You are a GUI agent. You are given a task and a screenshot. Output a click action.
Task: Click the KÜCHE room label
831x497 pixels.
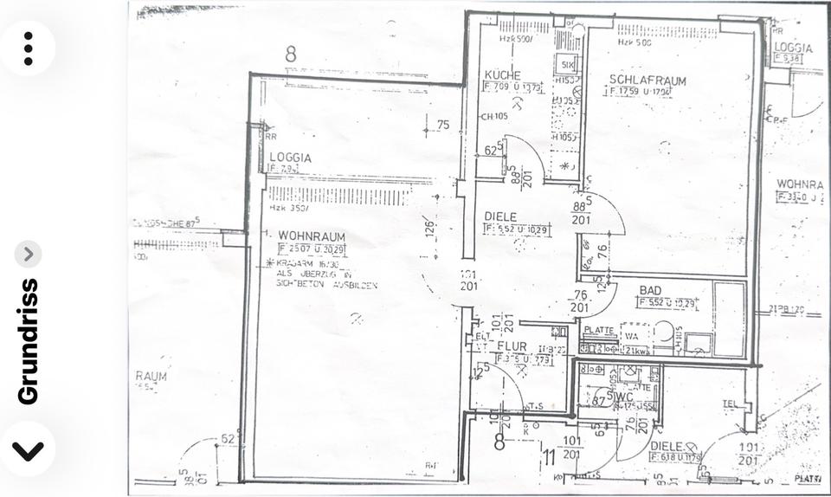502,75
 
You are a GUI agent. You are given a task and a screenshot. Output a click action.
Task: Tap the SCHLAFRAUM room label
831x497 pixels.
647,81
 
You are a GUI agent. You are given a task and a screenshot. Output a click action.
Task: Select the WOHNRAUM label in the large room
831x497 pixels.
312,236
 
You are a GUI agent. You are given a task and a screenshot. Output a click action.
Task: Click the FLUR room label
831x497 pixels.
512,345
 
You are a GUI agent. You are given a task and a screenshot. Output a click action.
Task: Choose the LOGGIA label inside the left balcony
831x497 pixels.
290,158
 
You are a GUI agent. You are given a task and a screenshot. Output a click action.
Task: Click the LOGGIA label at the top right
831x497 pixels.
792,48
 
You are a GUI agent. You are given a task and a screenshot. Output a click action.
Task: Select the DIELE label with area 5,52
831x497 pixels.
500,217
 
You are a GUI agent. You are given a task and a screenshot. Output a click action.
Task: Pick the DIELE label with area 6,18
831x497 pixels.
666,446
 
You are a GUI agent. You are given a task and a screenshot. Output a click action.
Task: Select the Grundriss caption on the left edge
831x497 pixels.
29,341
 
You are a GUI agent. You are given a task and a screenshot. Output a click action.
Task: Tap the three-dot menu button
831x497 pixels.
28,48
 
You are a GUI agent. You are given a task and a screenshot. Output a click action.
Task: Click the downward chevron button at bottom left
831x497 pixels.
28,450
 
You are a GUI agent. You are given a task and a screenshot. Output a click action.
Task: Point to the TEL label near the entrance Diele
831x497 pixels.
731,403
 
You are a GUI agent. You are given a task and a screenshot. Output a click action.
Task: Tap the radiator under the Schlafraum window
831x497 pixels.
667,31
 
